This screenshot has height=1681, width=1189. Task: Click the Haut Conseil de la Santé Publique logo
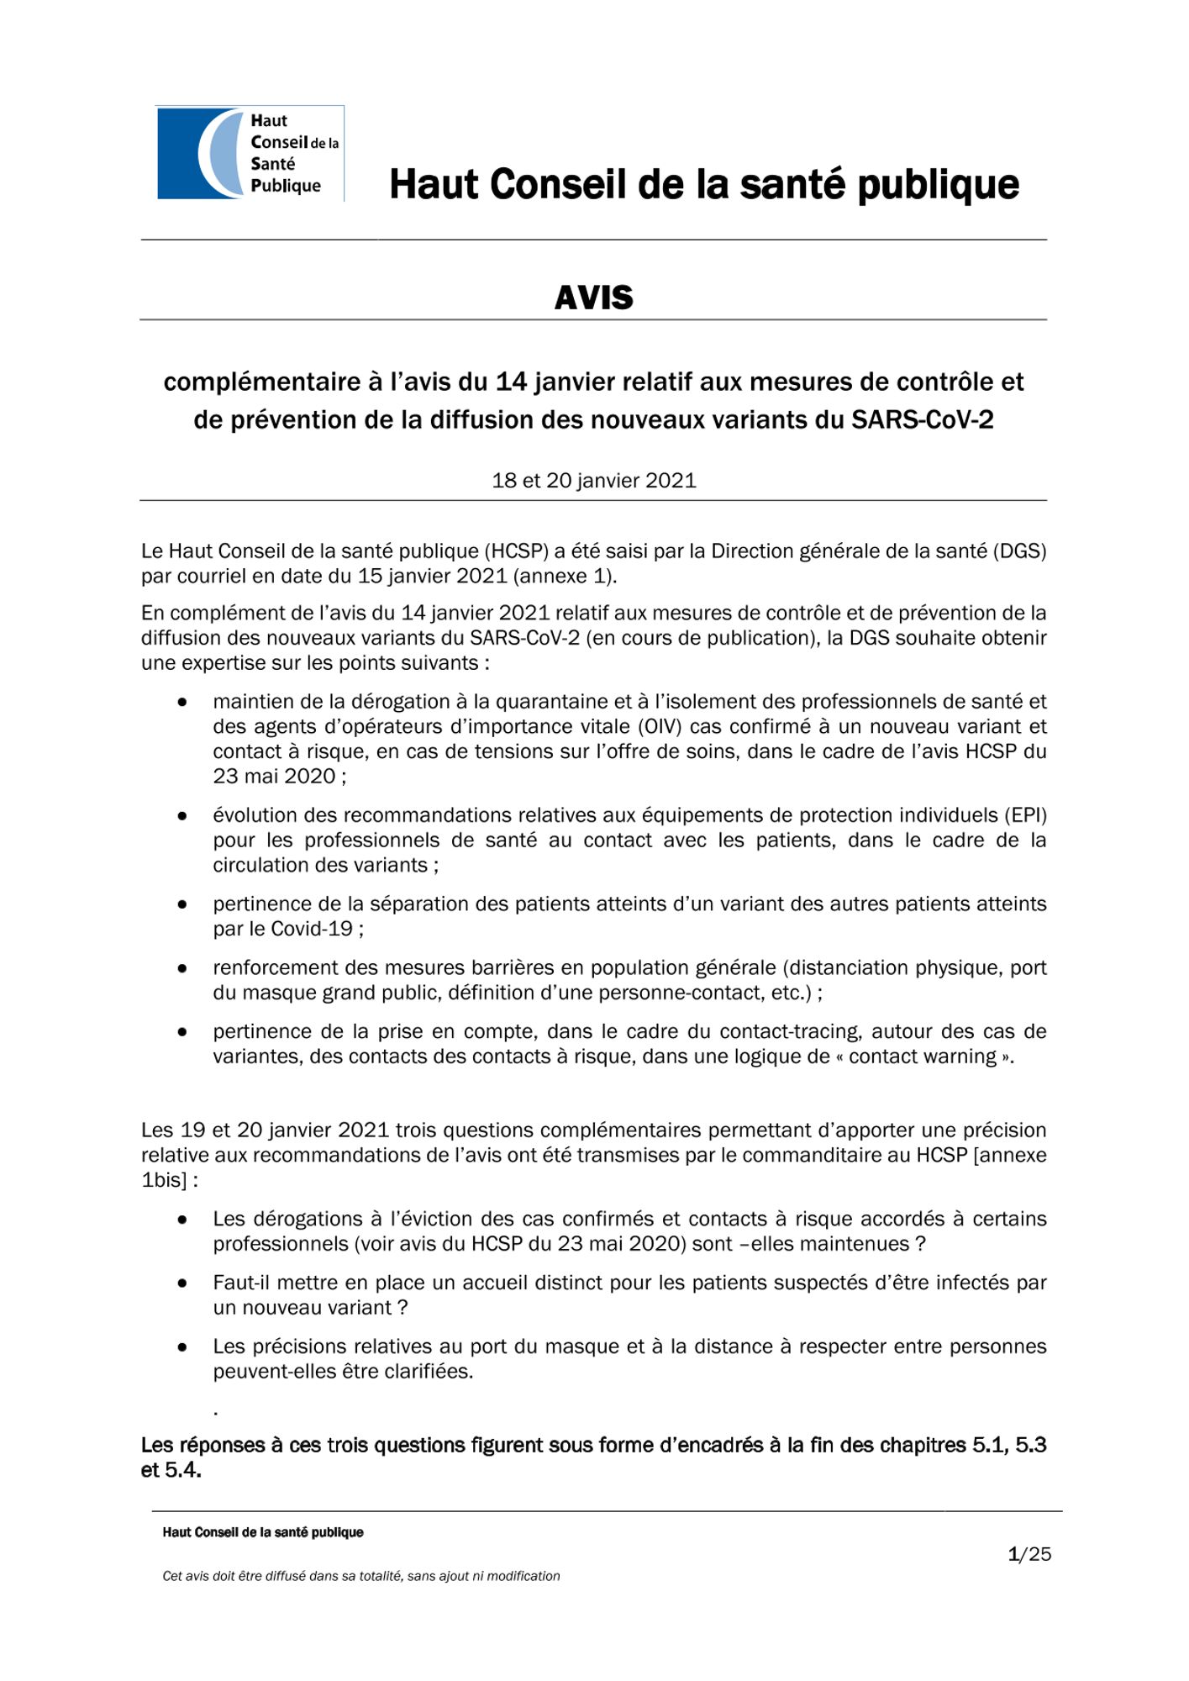pyautogui.click(x=250, y=153)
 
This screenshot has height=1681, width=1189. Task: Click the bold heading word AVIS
pyautogui.click(x=593, y=298)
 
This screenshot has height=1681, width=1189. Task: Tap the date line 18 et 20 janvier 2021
pyautogui.click(x=593, y=481)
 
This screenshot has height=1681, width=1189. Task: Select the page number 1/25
pyautogui.click(x=1029, y=1554)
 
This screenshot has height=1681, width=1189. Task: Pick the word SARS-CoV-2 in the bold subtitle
pyautogui.click(x=922, y=419)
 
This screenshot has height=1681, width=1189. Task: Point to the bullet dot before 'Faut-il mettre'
pyautogui.click(x=182, y=1283)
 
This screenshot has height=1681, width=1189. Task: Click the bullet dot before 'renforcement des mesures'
pyautogui.click(x=182, y=968)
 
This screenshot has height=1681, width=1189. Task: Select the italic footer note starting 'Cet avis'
pyautogui.click(x=360, y=1576)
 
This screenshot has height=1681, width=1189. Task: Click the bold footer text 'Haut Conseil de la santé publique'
pyautogui.click(x=263, y=1532)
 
